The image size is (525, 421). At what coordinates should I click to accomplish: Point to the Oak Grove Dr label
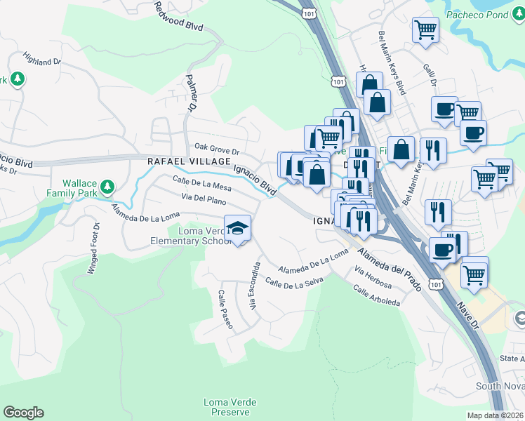[217, 151]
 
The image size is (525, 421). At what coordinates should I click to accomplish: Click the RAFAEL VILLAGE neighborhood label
[189, 161]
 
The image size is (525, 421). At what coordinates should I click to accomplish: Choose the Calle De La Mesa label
[202, 185]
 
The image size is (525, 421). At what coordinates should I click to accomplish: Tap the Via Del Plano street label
[204, 201]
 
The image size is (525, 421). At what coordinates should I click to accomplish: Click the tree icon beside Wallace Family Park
[107, 186]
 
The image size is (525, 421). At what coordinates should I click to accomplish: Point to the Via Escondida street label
[255, 286]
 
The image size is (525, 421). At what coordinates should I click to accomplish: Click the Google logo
[23, 413]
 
